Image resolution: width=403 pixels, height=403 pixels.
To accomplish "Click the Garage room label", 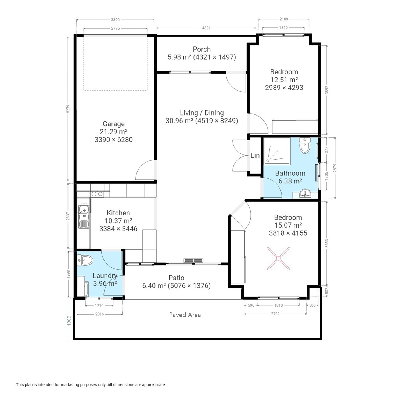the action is tap(114, 124).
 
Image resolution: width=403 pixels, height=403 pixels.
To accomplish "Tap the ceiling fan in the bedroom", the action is tap(279, 258).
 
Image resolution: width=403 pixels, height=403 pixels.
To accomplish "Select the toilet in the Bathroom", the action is tap(305, 145).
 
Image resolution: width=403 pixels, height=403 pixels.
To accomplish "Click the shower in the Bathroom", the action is tap(277, 151).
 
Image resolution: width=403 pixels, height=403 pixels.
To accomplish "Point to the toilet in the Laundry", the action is tap(85, 260).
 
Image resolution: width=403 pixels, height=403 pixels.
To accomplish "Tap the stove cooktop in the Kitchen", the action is tap(97, 194).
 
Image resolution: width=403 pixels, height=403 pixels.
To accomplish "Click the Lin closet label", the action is tap(255, 155).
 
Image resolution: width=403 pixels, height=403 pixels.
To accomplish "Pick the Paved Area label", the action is tap(185, 315).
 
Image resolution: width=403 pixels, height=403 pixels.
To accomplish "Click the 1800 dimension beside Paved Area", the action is tap(69, 321).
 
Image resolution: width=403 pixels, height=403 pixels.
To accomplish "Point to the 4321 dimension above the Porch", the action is tap(206, 28).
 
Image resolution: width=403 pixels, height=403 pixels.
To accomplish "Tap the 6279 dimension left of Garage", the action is tap(68, 109).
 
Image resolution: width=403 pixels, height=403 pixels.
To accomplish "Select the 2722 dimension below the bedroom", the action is tap(275, 314).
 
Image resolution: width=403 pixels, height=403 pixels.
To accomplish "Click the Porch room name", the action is tap(202, 49).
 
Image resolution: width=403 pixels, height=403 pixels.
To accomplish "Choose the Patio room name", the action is tap(177, 278).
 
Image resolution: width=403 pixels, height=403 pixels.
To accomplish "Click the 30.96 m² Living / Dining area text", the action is tap(179, 121).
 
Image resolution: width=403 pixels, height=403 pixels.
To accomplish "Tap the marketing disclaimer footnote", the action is tap(91, 385).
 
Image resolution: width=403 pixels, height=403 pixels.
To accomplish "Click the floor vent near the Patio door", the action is tap(193, 260).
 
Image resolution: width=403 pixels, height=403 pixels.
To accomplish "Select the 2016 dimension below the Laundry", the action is tap(100, 314).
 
